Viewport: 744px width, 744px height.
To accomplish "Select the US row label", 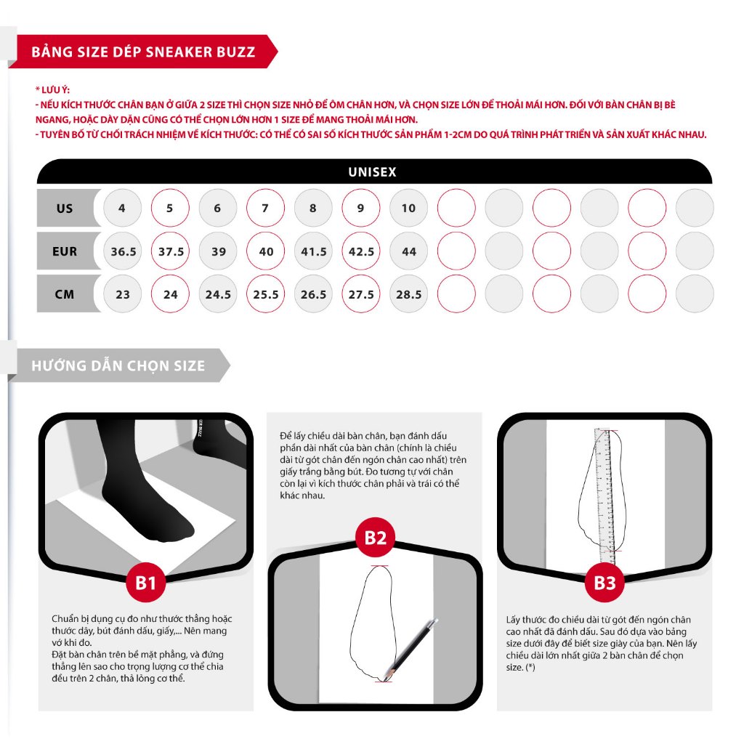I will pos(65,209).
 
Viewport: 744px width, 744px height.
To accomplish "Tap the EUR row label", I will pos(65,251).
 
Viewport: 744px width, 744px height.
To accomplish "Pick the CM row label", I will pos(65,294).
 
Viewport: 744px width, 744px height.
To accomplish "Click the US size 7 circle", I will pos(265,209).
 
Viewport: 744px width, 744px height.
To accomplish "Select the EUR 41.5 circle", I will pos(313,251).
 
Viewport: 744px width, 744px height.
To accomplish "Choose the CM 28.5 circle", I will pos(409,294).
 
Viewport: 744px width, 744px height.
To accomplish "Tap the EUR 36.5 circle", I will pos(123,251).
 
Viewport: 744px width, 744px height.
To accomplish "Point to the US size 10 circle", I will pos(409,209).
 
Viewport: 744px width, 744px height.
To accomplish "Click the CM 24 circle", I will pos(170,294).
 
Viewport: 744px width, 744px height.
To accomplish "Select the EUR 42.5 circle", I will pos(361,251).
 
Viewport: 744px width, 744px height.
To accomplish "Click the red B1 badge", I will pos(146,582).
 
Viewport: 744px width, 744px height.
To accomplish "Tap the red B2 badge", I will pos(375,538).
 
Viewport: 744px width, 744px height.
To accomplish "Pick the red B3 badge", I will pos(604,582).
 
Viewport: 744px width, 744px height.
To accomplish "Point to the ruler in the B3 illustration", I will pos(604,494).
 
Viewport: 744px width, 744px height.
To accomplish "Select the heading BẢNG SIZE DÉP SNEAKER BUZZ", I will pos(143,52).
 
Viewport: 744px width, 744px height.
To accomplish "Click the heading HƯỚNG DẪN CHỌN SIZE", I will pos(118,365).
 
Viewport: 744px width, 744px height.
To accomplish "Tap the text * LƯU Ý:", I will pos(52,89).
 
